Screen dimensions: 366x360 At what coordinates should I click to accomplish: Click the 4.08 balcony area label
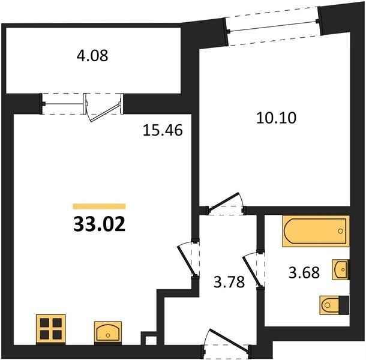pyautogui.click(x=92, y=56)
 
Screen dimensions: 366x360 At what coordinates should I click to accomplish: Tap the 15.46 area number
pyautogui.click(x=163, y=130)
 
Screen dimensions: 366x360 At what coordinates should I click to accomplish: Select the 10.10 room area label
pyautogui.click(x=276, y=118)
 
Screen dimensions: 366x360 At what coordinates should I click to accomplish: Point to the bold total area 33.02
pyautogui.click(x=99, y=224)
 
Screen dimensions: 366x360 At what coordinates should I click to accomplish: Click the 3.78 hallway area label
pyautogui.click(x=229, y=281)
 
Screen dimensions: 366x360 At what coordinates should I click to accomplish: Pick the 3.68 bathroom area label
pyautogui.click(x=304, y=272)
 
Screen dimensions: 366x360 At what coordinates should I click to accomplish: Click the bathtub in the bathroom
pyautogui.click(x=316, y=231)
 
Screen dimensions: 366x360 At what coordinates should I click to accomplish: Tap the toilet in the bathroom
pyautogui.click(x=334, y=305)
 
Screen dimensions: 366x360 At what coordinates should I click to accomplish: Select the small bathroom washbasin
pyautogui.click(x=341, y=269)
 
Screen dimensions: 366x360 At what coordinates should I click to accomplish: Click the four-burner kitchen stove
pyautogui.click(x=51, y=329)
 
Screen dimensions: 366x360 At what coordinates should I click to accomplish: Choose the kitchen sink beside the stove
pyautogui.click(x=108, y=332)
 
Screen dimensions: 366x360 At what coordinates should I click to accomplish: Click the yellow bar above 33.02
pyautogui.click(x=99, y=206)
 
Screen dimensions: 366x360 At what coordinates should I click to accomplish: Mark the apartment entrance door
pyautogui.click(x=228, y=340)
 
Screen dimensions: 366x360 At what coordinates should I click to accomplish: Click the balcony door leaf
pyautogui.click(x=106, y=113)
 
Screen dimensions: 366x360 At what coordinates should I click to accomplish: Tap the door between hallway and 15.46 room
pyautogui.click(x=187, y=260)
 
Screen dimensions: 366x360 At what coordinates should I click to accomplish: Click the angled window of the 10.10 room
pyautogui.click(x=272, y=26)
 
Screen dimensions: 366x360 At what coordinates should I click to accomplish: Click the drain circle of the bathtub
pyautogui.click(x=340, y=231)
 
